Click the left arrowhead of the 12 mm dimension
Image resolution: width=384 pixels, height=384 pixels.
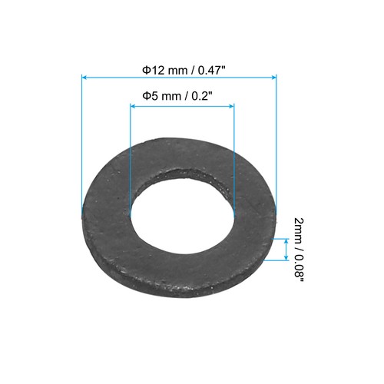tap(84, 77)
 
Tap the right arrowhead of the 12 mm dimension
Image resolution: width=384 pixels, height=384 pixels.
tap(272, 77)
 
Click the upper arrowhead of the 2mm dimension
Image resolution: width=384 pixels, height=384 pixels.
tap(286, 240)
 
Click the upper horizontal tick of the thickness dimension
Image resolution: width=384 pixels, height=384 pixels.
tap(281, 237)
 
